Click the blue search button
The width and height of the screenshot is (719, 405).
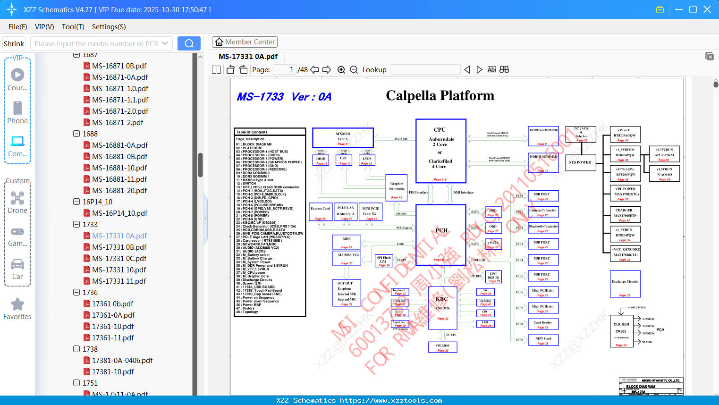pyautogui.click(x=189, y=43)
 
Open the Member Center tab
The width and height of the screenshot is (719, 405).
pyautogui.click(x=245, y=42)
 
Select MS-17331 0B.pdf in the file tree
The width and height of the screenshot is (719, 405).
pyautogui.click(x=119, y=247)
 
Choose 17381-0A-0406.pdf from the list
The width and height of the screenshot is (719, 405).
pyautogui.click(x=122, y=360)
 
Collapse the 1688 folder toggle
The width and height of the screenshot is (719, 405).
pyautogui.click(x=76, y=134)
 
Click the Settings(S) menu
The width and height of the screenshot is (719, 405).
pyautogui.click(x=109, y=27)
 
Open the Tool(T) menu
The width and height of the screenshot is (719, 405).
pyautogui.click(x=73, y=27)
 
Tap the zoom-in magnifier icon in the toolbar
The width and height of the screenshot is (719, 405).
pyautogui.click(x=341, y=70)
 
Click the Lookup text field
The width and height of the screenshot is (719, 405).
pyautogui.click(x=425, y=70)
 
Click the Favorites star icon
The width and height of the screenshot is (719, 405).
pyautogui.click(x=17, y=304)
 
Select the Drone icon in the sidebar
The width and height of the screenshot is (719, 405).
pyautogui.click(x=17, y=199)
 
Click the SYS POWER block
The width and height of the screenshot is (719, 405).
pyautogui.click(x=580, y=162)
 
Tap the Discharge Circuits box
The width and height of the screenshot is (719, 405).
pyautogui.click(x=625, y=283)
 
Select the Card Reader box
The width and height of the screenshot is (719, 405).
pyautogui.click(x=543, y=324)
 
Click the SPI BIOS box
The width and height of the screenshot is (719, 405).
pyautogui.click(x=442, y=347)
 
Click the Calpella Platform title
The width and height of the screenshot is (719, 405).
pyautogui.click(x=440, y=96)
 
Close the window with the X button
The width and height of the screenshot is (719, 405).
pyautogui.click(x=707, y=9)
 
